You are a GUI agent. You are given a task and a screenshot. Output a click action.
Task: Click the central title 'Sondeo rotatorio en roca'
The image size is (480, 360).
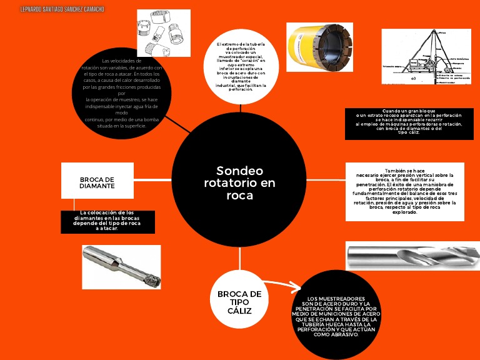[x=239, y=182]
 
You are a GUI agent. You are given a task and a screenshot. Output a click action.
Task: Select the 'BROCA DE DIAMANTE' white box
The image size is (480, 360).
[x=97, y=182]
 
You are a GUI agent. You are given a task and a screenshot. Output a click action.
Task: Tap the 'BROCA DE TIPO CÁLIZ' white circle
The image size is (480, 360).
[x=239, y=302]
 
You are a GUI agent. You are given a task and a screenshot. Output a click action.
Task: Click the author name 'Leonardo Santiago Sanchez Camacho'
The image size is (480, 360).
[x=53, y=9]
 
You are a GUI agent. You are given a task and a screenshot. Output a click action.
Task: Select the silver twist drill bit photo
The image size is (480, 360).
[x=412, y=256]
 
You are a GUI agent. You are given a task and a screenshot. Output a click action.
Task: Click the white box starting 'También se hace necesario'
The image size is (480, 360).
[x=404, y=191]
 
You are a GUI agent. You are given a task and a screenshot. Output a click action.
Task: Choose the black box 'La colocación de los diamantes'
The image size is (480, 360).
[x=107, y=221]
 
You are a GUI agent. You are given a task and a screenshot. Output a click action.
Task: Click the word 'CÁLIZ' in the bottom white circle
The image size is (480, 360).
[x=239, y=311]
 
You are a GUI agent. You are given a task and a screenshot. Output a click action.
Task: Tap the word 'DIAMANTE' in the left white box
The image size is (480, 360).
[x=97, y=186]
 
